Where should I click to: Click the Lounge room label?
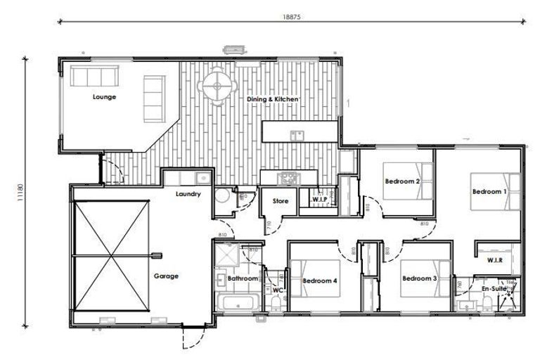[x=104, y=97]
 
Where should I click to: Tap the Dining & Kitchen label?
[x=273, y=100]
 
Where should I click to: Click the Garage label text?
[x=166, y=276]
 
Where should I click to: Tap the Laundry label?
[x=189, y=194]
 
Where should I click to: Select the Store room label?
[x=281, y=201]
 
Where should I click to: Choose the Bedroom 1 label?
[x=489, y=191]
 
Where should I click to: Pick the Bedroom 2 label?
[x=402, y=181]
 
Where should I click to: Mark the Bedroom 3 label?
[x=420, y=278]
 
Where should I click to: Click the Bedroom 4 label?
[x=320, y=281]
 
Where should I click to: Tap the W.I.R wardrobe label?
[x=497, y=260]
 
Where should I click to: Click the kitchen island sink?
[x=297, y=135]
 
